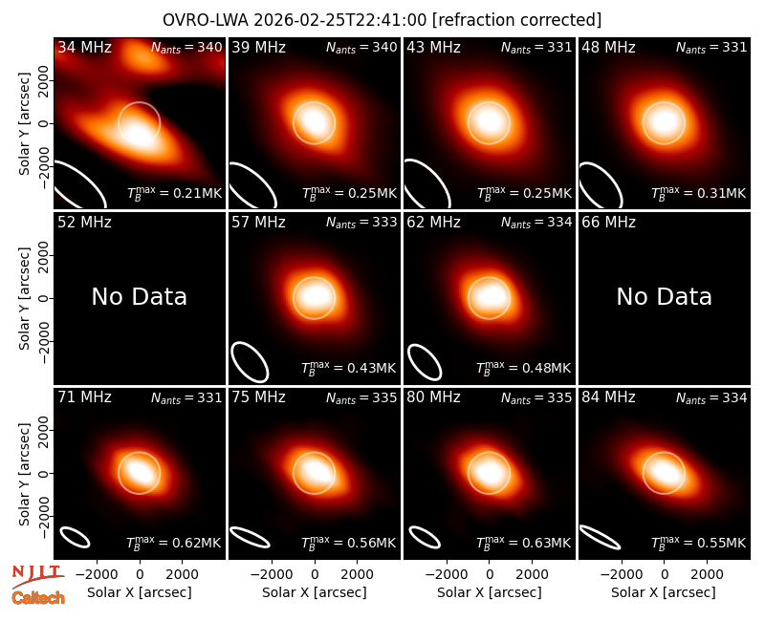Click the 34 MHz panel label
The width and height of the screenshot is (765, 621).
tap(84, 47)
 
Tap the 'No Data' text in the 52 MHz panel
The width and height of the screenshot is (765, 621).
tap(139, 296)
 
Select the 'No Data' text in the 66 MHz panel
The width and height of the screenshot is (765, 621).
tap(664, 296)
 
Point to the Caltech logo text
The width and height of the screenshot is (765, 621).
tap(38, 598)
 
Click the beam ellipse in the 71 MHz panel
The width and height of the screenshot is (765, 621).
tap(75, 537)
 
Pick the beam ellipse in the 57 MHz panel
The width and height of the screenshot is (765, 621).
tap(250, 362)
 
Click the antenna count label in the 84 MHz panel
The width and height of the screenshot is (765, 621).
tap(711, 398)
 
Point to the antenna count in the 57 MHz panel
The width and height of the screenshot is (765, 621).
tap(361, 223)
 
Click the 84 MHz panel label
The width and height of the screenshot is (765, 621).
tap(608, 397)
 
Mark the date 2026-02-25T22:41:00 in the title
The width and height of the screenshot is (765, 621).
tap(340, 20)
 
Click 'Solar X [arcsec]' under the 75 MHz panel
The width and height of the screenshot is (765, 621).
tap(315, 592)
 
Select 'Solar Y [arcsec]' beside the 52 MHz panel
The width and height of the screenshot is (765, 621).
tap(24, 298)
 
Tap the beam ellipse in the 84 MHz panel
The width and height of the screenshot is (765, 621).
tap(600, 537)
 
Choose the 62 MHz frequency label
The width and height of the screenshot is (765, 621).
tap(434, 223)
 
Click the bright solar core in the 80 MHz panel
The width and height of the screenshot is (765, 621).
tap(489, 472)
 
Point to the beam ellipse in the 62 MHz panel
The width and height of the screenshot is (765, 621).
tap(425, 362)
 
